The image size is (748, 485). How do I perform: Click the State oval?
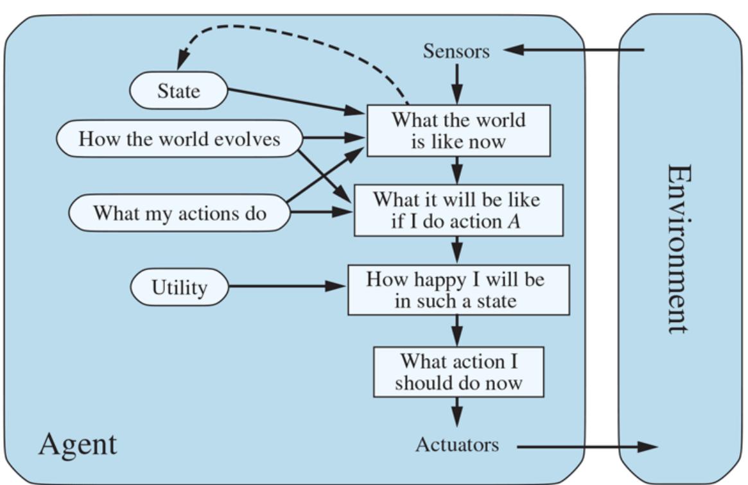point(178,90)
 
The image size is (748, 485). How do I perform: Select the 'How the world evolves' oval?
point(179,139)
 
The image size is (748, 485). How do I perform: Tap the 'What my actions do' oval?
point(179,212)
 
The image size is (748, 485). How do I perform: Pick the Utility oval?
point(179,287)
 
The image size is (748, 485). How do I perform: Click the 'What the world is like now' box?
point(458,130)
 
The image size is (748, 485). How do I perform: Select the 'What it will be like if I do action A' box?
point(458,210)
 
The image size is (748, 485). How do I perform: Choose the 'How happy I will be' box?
point(458,290)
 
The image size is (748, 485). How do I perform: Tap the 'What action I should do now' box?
point(458,372)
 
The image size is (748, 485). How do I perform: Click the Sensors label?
point(456,51)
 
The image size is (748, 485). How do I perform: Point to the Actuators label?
point(457,444)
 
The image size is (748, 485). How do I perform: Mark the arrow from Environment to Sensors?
point(575,49)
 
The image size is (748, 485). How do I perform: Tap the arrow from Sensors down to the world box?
point(457,84)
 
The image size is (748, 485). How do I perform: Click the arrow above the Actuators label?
point(457,411)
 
